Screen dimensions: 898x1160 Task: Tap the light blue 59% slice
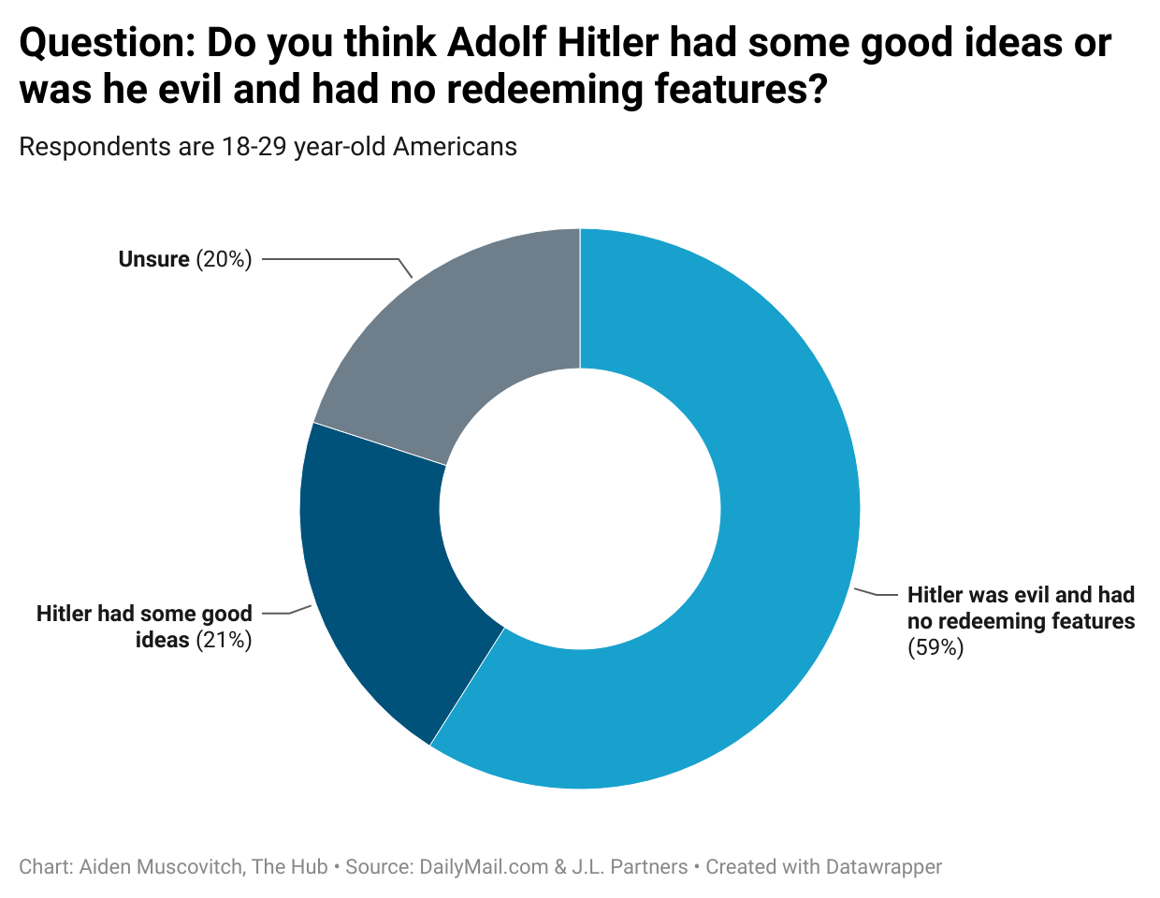click(748, 561)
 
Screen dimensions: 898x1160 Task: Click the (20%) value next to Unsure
click(225, 259)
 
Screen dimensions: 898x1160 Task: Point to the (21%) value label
click(225, 640)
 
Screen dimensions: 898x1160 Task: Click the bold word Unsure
click(153, 259)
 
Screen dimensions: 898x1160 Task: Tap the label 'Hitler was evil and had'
click(1021, 595)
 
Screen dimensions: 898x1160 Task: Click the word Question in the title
click(103, 43)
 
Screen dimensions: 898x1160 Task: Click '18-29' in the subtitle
click(254, 147)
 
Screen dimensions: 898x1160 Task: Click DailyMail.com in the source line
click(484, 867)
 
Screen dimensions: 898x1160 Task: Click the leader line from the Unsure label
click(337, 259)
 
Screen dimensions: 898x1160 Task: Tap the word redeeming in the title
click(525, 90)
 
